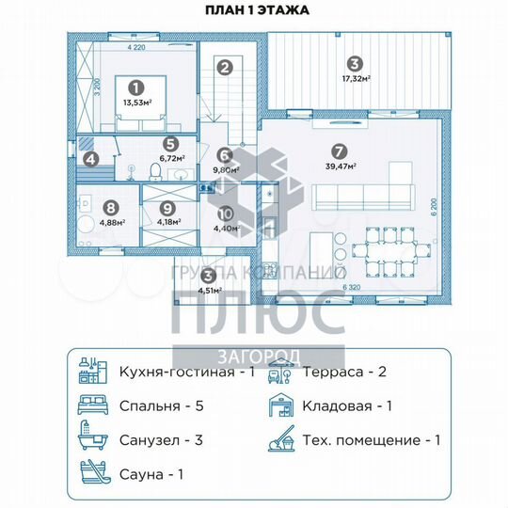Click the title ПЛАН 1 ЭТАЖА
[253, 11]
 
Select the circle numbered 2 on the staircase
[224, 68]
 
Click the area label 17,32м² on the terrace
[354, 79]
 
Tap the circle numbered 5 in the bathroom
[170, 144]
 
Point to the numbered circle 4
[90, 159]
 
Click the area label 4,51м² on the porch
[210, 289]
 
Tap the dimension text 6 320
[352, 287]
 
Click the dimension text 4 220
[136, 45]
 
